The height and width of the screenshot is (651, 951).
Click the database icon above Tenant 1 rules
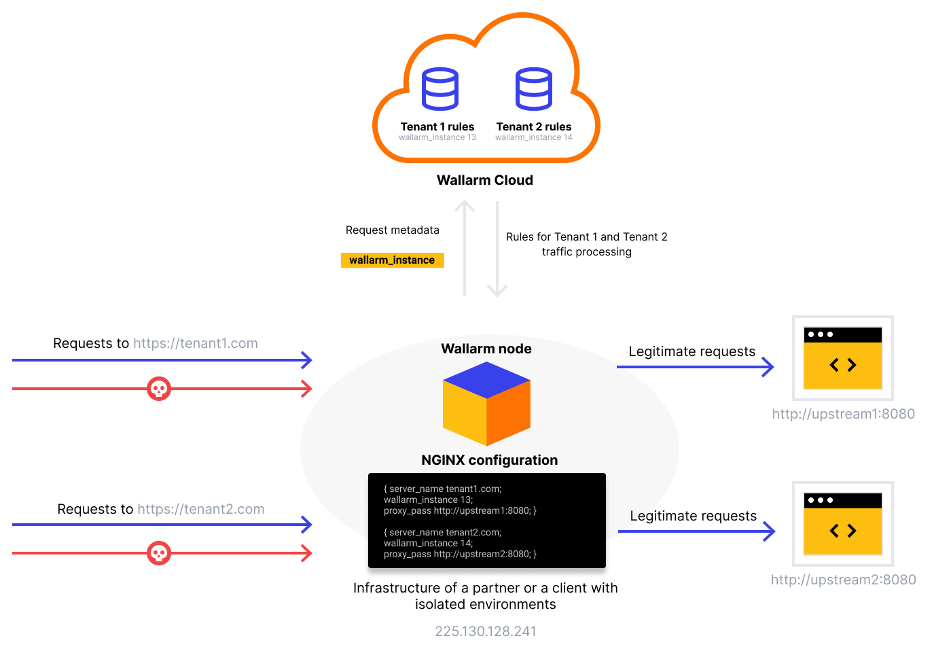pos(439,89)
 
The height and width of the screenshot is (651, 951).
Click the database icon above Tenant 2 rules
pos(533,89)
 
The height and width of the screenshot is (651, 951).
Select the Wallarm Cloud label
pos(484,180)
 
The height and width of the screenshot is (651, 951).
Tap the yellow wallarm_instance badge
pos(392,260)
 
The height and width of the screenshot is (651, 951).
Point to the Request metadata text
pos(392,230)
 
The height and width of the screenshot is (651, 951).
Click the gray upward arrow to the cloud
pos(465,248)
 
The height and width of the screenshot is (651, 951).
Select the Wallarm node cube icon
pos(486,404)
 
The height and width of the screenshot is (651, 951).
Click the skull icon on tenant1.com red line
pos(159,389)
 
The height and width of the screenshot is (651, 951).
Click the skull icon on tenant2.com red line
pos(159,553)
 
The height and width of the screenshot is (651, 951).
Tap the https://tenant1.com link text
pos(196,343)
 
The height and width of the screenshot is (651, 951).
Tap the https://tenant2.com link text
pos(200,509)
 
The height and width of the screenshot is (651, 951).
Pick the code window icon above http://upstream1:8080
pos(842,358)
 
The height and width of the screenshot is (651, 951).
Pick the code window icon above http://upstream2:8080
pos(842,524)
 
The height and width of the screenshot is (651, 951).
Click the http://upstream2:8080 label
pos(843,580)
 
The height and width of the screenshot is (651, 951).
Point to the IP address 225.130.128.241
pos(485,631)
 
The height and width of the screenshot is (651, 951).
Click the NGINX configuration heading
pos(489,460)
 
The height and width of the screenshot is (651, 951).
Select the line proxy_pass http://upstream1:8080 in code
pos(460,510)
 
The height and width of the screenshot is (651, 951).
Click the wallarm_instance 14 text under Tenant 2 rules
pos(533,137)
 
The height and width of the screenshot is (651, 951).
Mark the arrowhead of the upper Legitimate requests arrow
pos(769,367)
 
